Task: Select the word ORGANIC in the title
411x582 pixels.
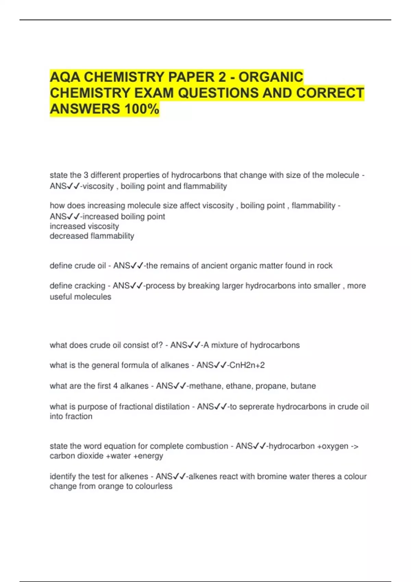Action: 271,77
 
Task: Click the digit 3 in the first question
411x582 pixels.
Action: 86,175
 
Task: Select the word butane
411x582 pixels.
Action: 303,386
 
